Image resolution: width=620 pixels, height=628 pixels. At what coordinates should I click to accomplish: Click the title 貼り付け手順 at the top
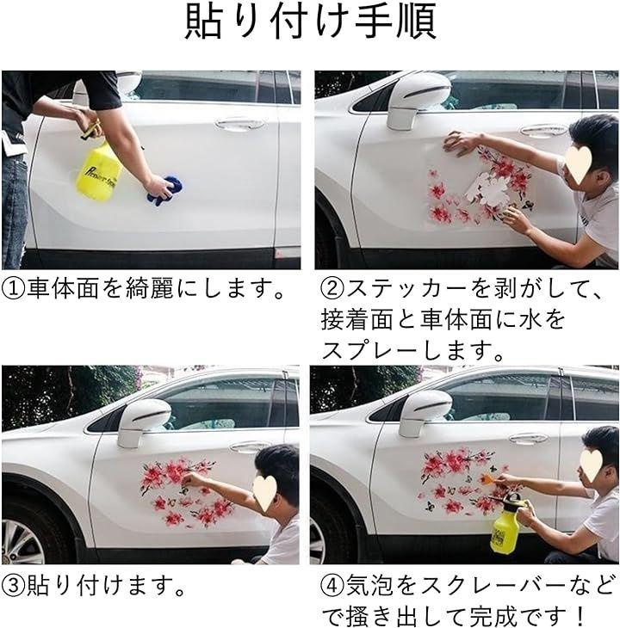pyautogui.click(x=311, y=22)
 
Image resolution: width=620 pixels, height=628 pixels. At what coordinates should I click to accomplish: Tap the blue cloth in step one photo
pyautogui.click(x=165, y=190)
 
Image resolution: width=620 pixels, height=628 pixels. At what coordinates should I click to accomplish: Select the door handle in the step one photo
pyautogui.click(x=239, y=124)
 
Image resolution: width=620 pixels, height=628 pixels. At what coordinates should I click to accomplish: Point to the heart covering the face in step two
pyautogui.click(x=579, y=163)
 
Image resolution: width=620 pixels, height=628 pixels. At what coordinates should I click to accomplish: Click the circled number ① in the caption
pyautogui.click(x=14, y=289)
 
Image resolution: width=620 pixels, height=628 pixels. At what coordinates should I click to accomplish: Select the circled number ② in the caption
pyautogui.click(x=332, y=289)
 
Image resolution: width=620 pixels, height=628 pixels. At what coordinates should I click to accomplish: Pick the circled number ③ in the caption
pyautogui.click(x=14, y=586)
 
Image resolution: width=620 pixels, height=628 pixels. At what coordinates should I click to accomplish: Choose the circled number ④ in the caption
pyautogui.click(x=332, y=586)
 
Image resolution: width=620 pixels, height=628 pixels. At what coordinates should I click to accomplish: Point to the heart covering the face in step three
pyautogui.click(x=264, y=493)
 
